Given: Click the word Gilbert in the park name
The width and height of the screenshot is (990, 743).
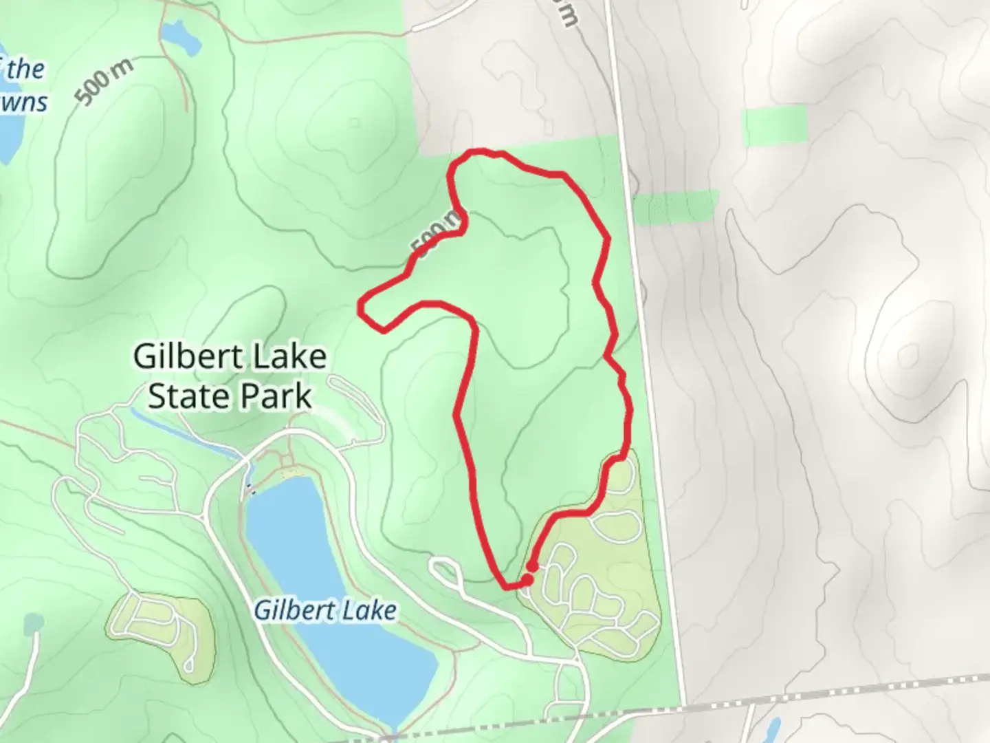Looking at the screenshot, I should click(x=188, y=357).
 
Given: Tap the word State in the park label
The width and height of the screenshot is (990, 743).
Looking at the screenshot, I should click(x=183, y=397).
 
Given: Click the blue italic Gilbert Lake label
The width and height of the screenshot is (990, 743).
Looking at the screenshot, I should click(x=324, y=610).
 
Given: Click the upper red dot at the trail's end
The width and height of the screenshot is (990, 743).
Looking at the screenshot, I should click(x=531, y=566).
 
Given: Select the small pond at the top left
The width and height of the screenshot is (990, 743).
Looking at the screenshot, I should click(x=180, y=38).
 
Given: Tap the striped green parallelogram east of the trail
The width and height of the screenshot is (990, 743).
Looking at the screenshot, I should click(x=675, y=207).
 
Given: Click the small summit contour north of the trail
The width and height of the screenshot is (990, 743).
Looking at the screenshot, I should click(x=353, y=123).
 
